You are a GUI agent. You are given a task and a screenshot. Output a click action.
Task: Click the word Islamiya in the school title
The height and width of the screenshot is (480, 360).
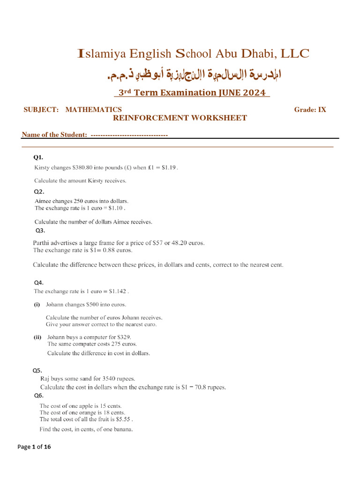[x=100, y=54]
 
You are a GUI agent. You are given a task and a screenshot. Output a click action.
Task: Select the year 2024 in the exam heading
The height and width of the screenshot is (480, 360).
[x=254, y=92]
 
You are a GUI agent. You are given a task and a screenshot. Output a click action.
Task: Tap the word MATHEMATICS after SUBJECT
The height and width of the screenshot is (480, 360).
[x=93, y=110]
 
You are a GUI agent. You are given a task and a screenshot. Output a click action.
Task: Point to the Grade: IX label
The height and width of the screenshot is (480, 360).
[x=310, y=110]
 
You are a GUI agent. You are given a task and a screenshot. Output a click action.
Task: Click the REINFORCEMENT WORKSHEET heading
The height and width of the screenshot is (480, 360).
[x=180, y=118]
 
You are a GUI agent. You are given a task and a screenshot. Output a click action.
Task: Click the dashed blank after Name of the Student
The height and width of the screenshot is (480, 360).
[x=129, y=135]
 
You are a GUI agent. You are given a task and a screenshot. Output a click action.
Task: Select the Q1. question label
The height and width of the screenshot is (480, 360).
[x=38, y=157]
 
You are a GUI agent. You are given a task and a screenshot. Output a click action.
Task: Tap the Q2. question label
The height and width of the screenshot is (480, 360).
[x=39, y=191]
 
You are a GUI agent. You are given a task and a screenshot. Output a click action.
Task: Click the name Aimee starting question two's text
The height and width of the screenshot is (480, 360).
[x=44, y=201]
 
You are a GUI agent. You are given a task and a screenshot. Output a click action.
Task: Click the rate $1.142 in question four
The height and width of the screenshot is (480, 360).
[x=117, y=291]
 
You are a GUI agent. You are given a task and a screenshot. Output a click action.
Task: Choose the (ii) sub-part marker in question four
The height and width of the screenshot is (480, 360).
[x=37, y=337]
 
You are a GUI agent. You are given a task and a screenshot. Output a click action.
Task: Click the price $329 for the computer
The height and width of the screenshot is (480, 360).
[x=123, y=337]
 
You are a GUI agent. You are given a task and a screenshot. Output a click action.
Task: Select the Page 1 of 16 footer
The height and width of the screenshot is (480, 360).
[x=34, y=447]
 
